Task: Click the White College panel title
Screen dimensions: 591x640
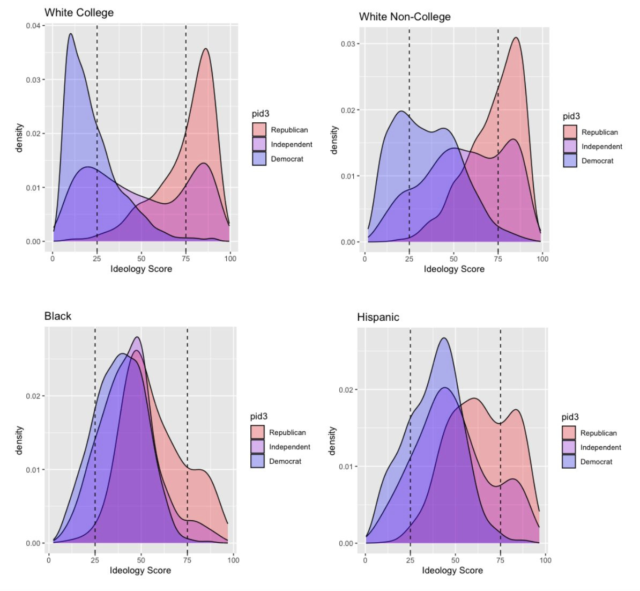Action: coord(79,12)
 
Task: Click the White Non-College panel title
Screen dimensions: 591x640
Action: coord(405,17)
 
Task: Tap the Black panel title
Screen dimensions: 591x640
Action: coord(57,316)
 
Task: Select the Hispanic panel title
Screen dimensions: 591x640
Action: coord(378,317)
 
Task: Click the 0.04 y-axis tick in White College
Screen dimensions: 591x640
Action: coord(33,26)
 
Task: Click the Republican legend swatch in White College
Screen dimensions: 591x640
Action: coord(259,130)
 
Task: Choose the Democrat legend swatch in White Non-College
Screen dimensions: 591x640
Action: coord(570,161)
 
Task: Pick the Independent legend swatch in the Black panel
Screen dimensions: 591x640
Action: coord(257,447)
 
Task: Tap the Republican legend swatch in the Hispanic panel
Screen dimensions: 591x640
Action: coord(569,433)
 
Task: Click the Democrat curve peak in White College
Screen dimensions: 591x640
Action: coord(70,34)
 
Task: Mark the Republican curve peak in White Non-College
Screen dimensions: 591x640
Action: coord(516,38)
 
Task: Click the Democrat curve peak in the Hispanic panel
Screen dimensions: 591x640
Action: coord(443,338)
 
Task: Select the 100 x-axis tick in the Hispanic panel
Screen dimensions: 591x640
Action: coord(545,560)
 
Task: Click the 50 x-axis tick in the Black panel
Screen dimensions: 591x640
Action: coord(141,560)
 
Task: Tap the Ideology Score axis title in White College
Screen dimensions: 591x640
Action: coord(141,269)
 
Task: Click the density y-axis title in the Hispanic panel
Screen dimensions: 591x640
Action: coord(332,441)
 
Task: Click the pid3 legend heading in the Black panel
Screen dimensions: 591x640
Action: coord(258,416)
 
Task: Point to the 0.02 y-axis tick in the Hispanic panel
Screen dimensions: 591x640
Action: coord(347,390)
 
